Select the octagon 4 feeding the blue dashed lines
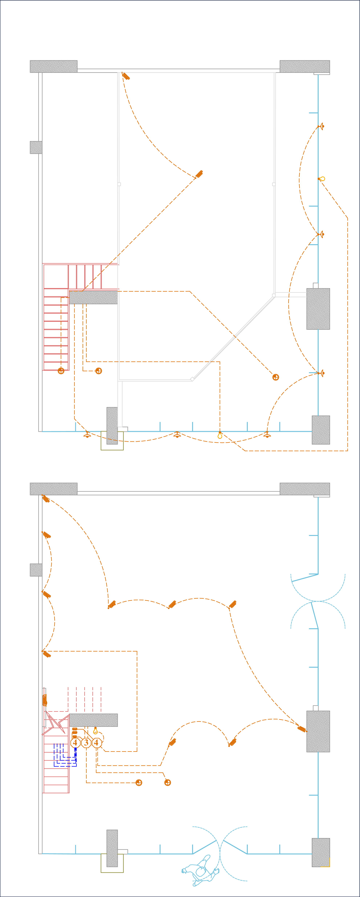(75, 743)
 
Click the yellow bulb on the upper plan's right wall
(322, 179)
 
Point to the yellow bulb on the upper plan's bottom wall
(220, 435)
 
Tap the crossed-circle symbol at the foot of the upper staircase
(61, 371)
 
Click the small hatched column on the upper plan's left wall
(36, 147)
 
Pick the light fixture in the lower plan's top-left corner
(46, 499)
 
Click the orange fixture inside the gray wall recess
(44, 700)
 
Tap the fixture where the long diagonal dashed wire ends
(199, 174)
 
